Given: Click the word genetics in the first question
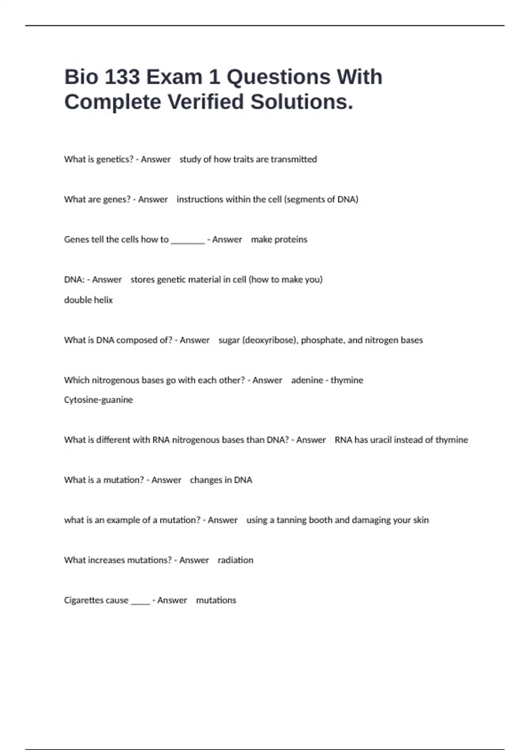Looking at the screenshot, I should [x=115, y=159].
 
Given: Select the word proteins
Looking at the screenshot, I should [x=291, y=240].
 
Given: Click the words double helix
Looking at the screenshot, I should [x=88, y=300].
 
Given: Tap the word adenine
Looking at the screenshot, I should [x=307, y=380].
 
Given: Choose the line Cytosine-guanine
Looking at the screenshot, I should [x=98, y=400].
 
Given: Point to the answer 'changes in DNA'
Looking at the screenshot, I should [x=221, y=480].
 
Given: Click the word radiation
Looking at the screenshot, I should [x=235, y=560].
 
